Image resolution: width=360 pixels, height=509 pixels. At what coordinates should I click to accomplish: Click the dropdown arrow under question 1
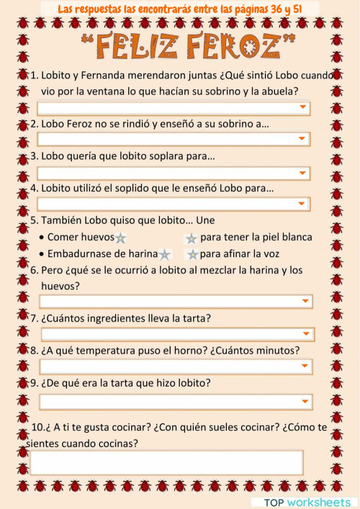pyautogui.click(x=303, y=108)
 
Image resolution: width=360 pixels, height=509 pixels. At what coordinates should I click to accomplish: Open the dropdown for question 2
pyautogui.click(x=303, y=139)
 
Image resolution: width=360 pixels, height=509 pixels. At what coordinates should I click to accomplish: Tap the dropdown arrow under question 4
pyautogui.click(x=303, y=204)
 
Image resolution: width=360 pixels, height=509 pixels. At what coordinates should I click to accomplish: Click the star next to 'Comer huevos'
pyautogui.click(x=120, y=238)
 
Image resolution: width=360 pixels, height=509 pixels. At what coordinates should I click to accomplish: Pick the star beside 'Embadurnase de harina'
pyautogui.click(x=165, y=254)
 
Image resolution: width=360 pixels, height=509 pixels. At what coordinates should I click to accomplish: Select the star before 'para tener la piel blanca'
pyautogui.click(x=191, y=238)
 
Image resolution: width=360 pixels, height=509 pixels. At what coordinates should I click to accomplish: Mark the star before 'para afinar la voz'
pyautogui.click(x=192, y=254)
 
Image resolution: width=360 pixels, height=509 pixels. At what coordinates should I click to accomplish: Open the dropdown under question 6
pyautogui.click(x=306, y=302)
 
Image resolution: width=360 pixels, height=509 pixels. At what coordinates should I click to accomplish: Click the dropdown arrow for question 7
pyautogui.click(x=307, y=335)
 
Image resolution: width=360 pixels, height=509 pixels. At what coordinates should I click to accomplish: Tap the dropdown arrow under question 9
pyautogui.click(x=306, y=402)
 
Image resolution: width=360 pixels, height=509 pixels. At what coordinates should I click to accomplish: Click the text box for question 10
pyautogui.click(x=166, y=462)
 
